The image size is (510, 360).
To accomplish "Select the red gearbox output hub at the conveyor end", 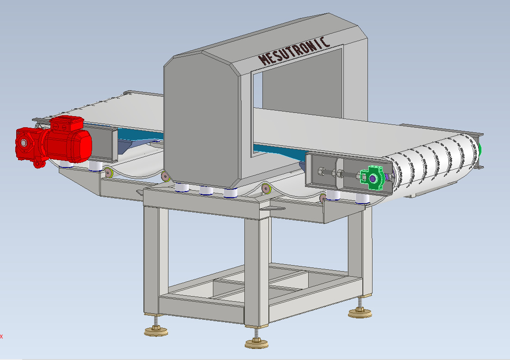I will coord(24,143).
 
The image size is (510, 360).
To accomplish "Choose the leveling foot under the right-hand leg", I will coord(360,313).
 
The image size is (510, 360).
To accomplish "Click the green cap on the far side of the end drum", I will coord(480,149).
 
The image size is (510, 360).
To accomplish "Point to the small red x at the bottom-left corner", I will coord(1,336).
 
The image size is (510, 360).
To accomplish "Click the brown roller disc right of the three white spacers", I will coord(266,188).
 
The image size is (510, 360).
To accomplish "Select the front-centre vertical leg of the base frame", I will coord(256,268).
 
